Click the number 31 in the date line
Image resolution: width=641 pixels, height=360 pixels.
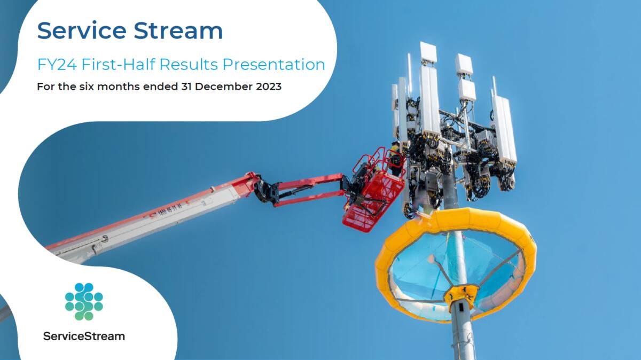pyautogui.click(x=185, y=87)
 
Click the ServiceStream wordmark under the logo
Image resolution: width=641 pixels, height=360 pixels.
pyautogui.click(x=84, y=336)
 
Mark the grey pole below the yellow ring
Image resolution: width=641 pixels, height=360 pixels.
pyautogui.click(x=463, y=336)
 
